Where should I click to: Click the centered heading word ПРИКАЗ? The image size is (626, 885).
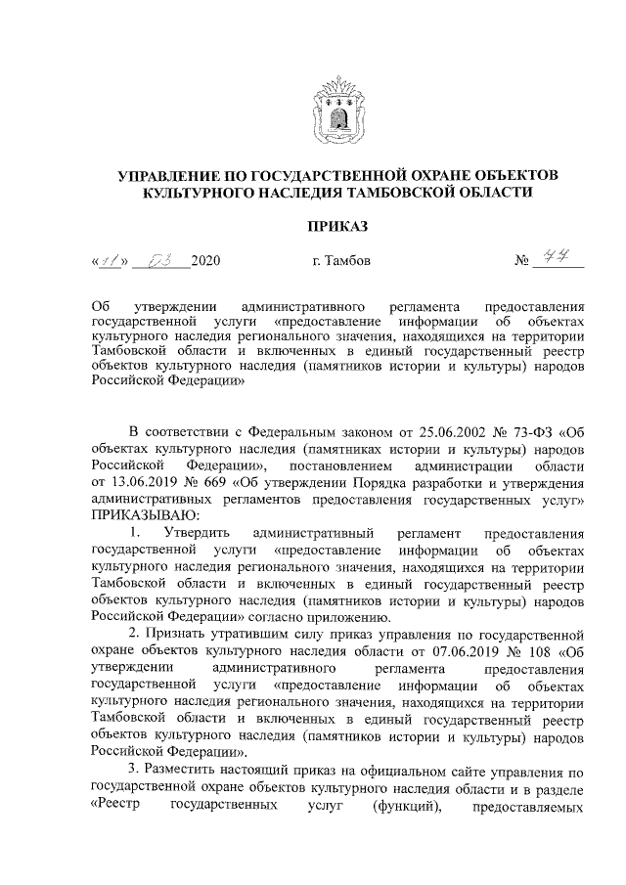tap(337, 227)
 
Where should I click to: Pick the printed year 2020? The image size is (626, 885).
tap(206, 262)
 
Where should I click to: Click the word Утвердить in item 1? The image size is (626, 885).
tap(197, 533)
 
